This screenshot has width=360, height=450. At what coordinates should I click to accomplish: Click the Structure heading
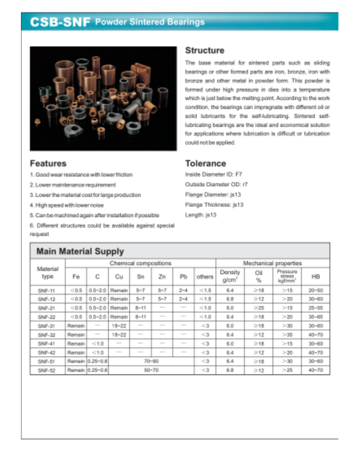point(204,51)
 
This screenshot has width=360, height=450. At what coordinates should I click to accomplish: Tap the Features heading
point(48,163)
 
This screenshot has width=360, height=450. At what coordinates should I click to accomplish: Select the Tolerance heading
point(205,163)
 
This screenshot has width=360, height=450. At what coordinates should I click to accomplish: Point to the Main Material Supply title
point(80,251)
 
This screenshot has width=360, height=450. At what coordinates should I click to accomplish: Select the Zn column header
point(162,277)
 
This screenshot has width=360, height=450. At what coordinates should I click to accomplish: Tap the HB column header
point(316,277)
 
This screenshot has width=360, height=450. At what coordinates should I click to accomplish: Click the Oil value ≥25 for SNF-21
point(259,308)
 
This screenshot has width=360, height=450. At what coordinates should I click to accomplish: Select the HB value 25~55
point(316,308)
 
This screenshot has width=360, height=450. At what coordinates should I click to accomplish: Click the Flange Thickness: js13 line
point(214,205)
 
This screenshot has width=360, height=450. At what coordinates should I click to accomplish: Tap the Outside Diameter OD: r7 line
point(216,185)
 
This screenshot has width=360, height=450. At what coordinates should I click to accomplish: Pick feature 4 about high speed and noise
point(67,205)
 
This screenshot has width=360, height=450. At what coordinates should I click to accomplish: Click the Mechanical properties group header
point(273,263)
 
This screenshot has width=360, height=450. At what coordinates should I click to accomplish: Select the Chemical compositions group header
point(140,263)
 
